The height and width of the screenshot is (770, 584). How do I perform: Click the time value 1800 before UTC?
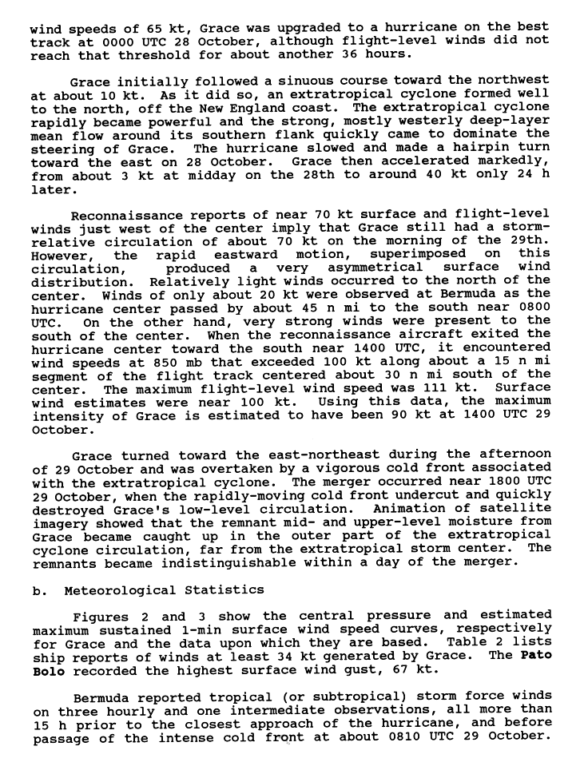502,481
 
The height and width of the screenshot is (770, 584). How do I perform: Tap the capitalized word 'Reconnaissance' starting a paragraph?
121,213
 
